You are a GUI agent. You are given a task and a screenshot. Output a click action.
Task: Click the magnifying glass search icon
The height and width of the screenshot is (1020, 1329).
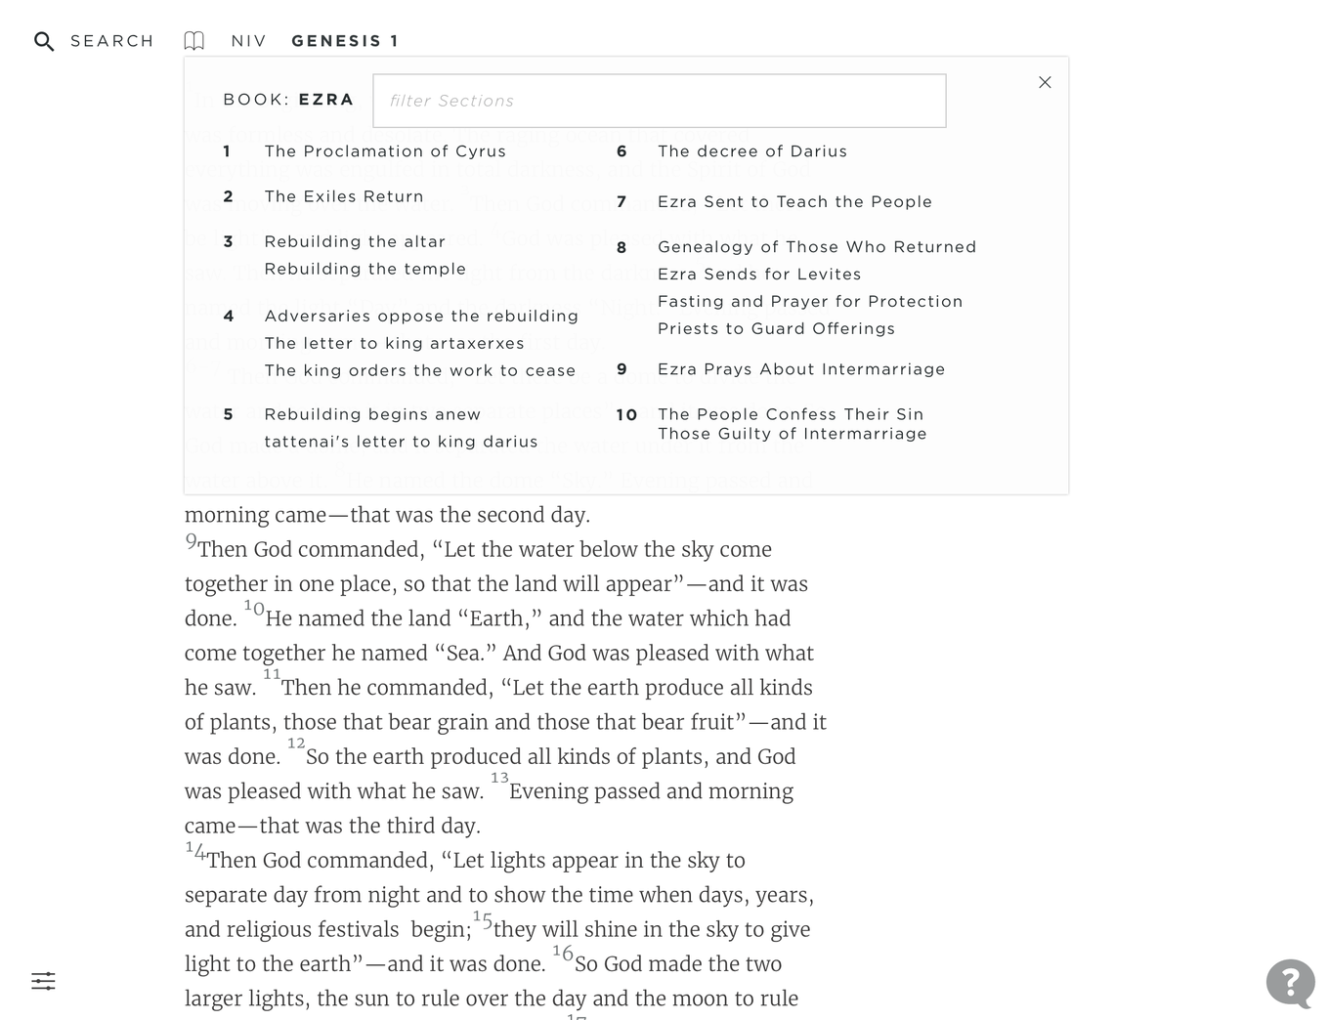click(44, 41)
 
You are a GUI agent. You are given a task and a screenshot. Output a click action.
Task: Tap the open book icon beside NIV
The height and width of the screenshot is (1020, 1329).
click(194, 41)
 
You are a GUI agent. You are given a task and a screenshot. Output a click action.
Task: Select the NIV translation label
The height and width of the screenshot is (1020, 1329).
click(248, 41)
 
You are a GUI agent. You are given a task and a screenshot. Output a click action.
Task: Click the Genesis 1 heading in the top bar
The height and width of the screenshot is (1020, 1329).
click(345, 41)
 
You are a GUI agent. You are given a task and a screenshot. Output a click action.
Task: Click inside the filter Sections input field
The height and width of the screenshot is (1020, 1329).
click(659, 101)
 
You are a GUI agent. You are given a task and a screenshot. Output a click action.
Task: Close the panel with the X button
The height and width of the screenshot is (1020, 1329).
click(1045, 82)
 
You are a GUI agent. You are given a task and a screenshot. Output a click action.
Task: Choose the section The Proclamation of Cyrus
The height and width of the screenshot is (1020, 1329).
click(385, 151)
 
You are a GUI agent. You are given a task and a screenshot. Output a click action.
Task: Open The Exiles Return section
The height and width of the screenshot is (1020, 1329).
click(344, 196)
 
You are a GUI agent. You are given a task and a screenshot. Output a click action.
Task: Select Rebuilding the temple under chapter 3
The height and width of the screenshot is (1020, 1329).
click(364, 269)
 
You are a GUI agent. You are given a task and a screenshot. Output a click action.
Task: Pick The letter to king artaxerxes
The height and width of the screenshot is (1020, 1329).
click(394, 343)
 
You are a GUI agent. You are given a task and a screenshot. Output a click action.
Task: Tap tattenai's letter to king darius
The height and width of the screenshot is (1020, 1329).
click(401, 442)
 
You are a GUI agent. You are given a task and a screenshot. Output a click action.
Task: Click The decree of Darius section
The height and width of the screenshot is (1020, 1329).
click(752, 151)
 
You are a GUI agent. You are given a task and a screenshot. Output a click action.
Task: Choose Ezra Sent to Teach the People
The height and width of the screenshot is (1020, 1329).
click(794, 202)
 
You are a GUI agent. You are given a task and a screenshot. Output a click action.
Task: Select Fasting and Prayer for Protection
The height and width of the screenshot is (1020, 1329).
click(810, 302)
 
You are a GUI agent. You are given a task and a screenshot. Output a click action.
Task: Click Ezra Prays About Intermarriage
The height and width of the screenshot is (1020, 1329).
click(801, 369)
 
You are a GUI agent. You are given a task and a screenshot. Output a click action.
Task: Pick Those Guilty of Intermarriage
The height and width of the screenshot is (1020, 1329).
click(792, 434)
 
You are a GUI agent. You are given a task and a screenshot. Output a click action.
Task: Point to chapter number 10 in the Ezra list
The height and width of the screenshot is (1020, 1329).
click(626, 415)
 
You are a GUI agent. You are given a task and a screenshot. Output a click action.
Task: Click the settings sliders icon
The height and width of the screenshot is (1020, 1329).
click(43, 981)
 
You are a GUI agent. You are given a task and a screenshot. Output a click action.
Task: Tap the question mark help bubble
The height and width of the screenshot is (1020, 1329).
click(1290, 982)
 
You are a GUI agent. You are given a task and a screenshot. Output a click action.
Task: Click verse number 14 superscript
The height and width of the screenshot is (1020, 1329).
click(195, 850)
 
